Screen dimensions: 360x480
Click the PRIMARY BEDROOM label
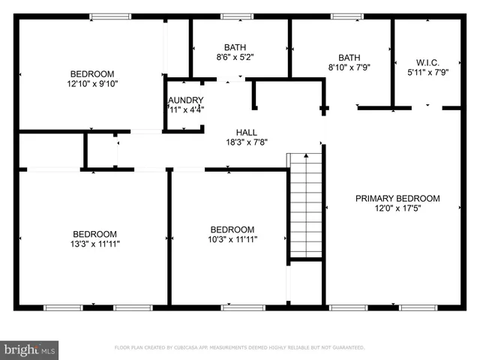(x=397, y=199)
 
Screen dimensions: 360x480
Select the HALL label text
(x=247, y=131)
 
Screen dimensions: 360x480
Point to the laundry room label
(x=184, y=100)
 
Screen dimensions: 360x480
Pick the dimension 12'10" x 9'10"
(x=92, y=84)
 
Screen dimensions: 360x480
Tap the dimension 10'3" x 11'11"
(x=232, y=240)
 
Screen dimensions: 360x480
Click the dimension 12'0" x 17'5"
(x=397, y=208)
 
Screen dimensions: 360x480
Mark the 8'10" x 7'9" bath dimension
(x=349, y=67)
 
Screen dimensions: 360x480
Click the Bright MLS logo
(x=30, y=349)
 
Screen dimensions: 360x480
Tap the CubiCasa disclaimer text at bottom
(x=239, y=348)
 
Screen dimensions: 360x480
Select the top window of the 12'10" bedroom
(x=110, y=16)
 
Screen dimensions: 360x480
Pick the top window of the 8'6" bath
(x=236, y=16)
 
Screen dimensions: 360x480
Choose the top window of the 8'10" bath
(x=347, y=16)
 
